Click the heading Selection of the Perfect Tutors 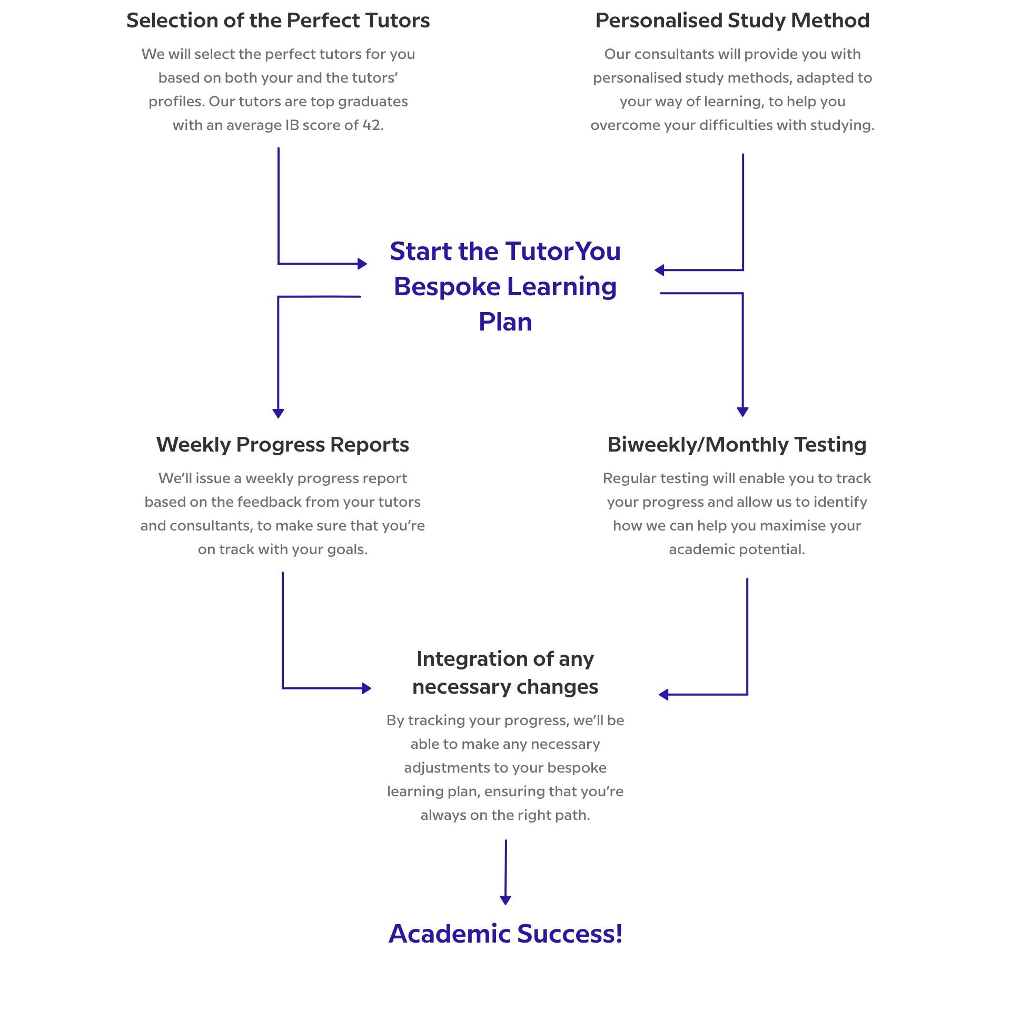pyautogui.click(x=278, y=21)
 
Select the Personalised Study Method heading pyautogui.click(x=732, y=21)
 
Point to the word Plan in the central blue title pyautogui.click(x=506, y=322)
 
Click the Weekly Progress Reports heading pyautogui.click(x=283, y=445)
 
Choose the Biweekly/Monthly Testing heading pyautogui.click(x=737, y=445)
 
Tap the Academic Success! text pyautogui.click(x=506, y=934)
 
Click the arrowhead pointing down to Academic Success pyautogui.click(x=506, y=900)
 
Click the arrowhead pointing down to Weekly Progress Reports pyautogui.click(x=279, y=414)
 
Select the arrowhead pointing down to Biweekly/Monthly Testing pyautogui.click(x=743, y=412)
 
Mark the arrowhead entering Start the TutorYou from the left pyautogui.click(x=362, y=264)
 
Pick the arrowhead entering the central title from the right pyautogui.click(x=659, y=271)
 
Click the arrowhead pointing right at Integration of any pyautogui.click(x=366, y=688)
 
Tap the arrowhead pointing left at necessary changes pyautogui.click(x=663, y=695)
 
